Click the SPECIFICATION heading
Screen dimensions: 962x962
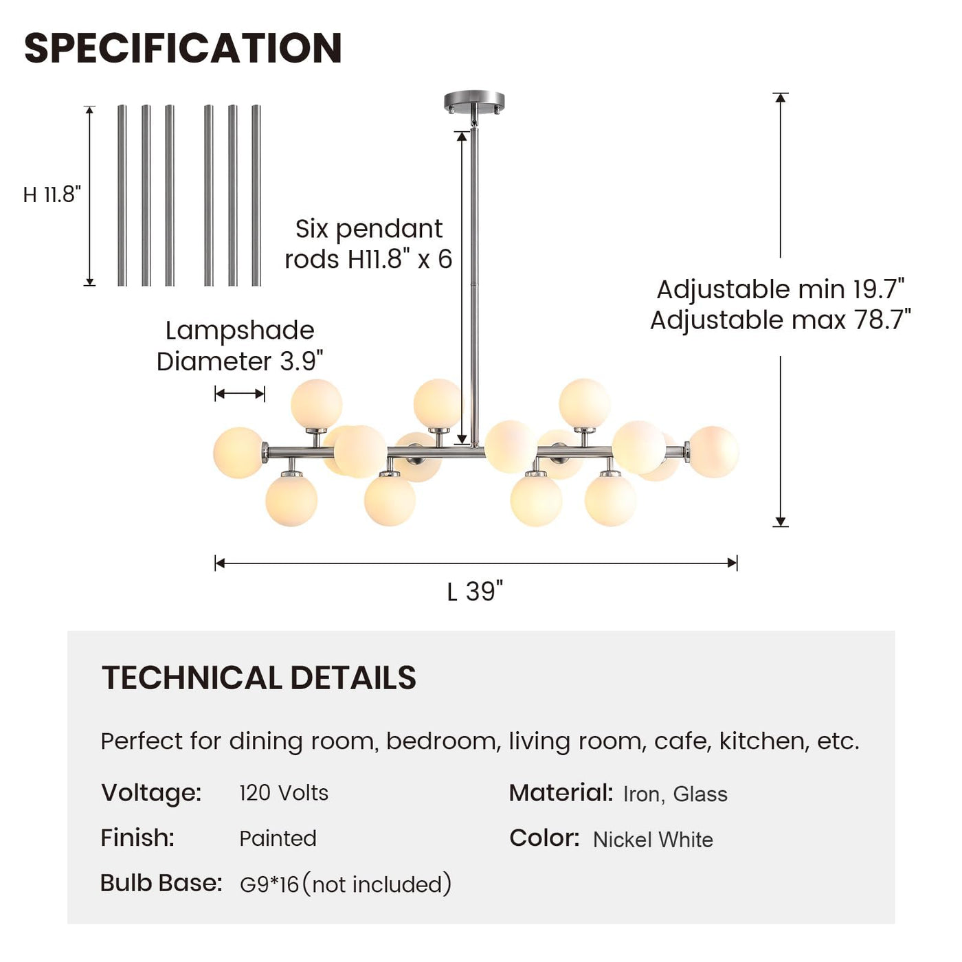183,48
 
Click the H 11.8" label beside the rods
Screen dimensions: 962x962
52,195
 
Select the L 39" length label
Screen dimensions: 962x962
475,591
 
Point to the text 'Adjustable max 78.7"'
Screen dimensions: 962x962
781,320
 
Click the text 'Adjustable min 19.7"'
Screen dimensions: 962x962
781,289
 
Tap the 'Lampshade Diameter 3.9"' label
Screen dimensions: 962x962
240,346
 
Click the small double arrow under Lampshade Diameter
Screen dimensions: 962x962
240,394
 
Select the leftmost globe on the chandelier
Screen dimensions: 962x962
238,452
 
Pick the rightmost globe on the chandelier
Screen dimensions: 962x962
713,451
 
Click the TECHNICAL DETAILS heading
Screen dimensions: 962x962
259,678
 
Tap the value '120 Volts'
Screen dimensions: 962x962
284,793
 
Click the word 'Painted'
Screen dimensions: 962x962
278,838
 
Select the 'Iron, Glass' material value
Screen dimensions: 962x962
675,794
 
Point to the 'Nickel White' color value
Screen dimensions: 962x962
653,840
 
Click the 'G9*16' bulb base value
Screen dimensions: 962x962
269,884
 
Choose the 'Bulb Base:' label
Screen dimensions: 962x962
161,883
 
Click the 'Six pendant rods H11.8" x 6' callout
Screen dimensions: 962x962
368,244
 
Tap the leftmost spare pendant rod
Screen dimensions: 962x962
122,195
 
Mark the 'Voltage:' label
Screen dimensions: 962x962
151,793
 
